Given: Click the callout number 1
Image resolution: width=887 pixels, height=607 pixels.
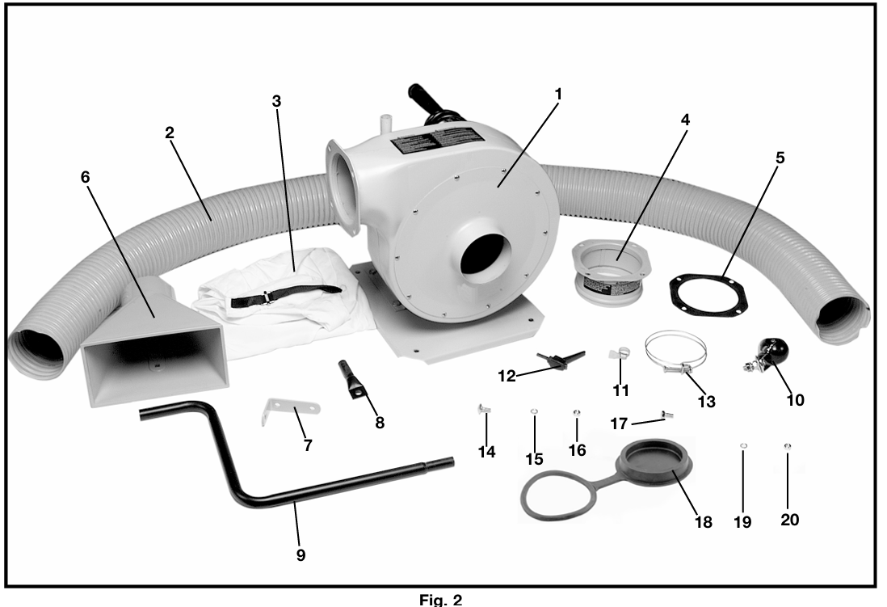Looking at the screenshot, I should pos(558,95).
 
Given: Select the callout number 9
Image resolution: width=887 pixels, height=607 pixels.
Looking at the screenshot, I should pos(301,555).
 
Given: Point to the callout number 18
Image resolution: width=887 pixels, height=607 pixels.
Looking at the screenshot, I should pos(703,521).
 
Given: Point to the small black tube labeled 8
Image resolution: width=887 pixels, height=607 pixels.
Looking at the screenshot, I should pos(353,381).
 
